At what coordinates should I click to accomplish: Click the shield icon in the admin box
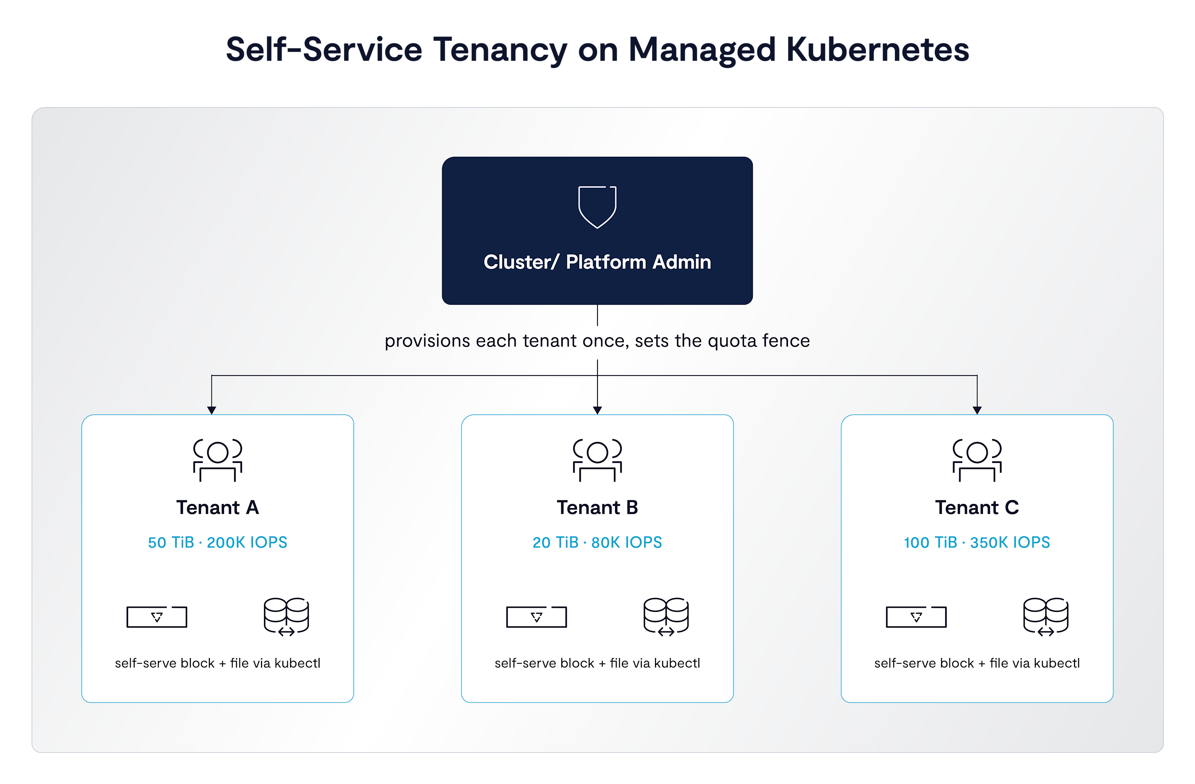click(x=597, y=207)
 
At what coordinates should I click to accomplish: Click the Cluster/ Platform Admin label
click(x=597, y=262)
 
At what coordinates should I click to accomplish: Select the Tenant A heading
click(x=217, y=507)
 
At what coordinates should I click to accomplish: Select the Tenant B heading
click(x=597, y=507)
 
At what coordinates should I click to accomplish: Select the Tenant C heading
click(x=977, y=507)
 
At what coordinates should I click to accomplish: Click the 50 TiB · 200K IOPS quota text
click(x=217, y=542)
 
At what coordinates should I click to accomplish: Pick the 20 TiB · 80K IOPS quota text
click(x=597, y=542)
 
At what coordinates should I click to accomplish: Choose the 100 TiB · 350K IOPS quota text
click(x=977, y=542)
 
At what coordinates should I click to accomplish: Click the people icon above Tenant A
click(x=217, y=460)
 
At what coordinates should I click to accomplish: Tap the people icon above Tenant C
click(x=977, y=460)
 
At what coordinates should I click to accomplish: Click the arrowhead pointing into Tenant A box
click(x=212, y=410)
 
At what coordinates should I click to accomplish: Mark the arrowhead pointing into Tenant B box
click(x=597, y=410)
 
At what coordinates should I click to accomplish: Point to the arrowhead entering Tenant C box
click(x=977, y=410)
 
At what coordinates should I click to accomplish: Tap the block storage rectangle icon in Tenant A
click(x=156, y=617)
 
